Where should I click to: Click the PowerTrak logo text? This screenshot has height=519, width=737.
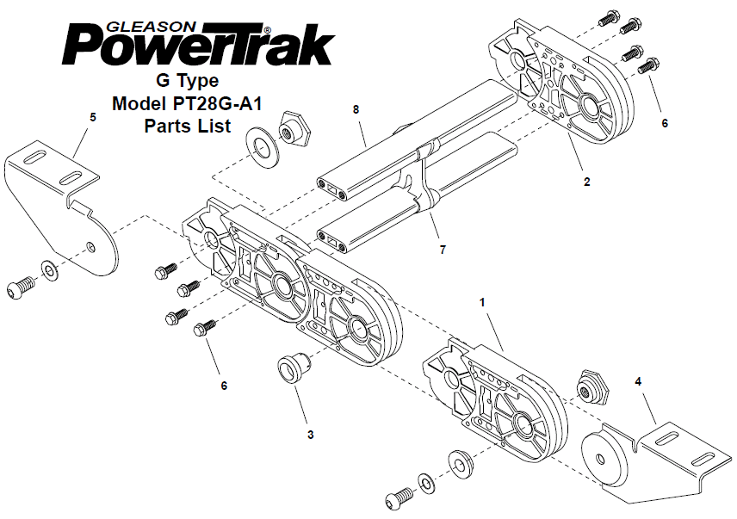click(x=198, y=45)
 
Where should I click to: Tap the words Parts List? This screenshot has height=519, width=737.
click(x=188, y=126)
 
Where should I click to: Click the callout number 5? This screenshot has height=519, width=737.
click(x=93, y=117)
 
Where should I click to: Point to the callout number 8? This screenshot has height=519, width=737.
click(x=356, y=109)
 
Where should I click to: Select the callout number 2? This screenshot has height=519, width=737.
click(x=586, y=182)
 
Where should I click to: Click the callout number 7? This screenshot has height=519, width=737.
click(x=443, y=250)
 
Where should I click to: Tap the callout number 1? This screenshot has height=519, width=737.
click(x=482, y=303)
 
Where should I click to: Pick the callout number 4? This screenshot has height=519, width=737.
click(x=638, y=382)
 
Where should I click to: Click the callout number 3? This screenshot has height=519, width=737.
click(x=310, y=435)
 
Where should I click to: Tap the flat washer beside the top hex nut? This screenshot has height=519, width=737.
click(x=263, y=147)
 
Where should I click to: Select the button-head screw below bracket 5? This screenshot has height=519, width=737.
click(x=21, y=287)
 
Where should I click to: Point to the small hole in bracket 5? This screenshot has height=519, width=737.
click(x=90, y=246)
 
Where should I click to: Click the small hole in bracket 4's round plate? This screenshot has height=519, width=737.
click(x=599, y=459)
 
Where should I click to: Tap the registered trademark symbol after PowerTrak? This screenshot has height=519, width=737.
click(x=268, y=29)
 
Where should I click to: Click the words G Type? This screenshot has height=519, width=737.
click(x=188, y=81)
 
